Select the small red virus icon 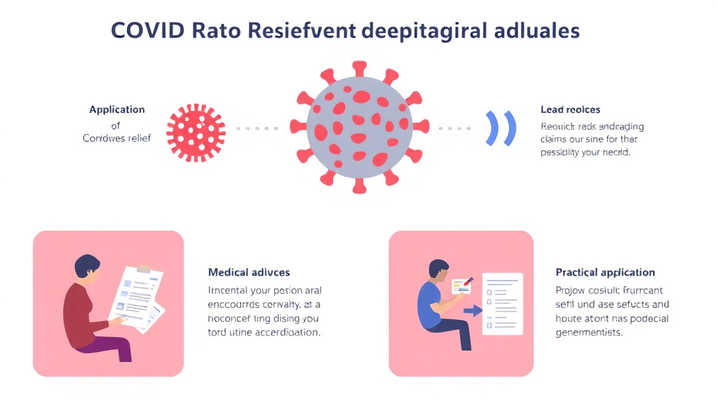coord(196,130)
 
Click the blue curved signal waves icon coord(501,128)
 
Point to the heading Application coord(117,109)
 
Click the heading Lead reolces coord(570,109)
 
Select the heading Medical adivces coord(249,272)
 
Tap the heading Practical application coord(605,272)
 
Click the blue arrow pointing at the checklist coord(473,311)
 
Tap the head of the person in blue coord(438,270)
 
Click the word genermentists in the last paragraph coord(589,332)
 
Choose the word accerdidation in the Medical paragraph coord(283,332)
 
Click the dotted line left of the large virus coord(257,129)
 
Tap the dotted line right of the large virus coord(455,129)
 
